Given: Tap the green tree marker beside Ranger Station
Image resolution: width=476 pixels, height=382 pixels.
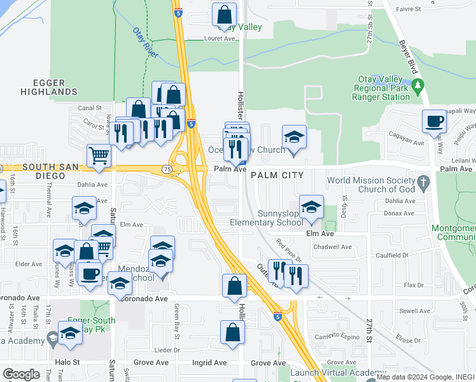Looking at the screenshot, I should pyautogui.click(x=417, y=85).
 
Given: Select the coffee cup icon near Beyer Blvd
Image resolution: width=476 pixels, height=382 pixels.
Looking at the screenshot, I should pyautogui.click(x=434, y=121).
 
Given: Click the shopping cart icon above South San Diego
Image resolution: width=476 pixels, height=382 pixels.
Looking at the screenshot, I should pyautogui.click(x=99, y=155).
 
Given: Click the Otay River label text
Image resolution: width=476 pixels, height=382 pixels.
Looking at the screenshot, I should pyautogui.click(x=145, y=43).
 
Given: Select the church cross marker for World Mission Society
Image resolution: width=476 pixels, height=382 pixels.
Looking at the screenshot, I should pyautogui.click(x=423, y=185).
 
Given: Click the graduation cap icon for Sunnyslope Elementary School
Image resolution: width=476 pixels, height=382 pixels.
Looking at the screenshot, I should pyautogui.click(x=311, y=208).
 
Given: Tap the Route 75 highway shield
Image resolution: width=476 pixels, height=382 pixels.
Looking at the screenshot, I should pyautogui.click(x=166, y=169).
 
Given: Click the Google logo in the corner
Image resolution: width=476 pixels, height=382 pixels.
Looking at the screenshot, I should pyautogui.click(x=21, y=374).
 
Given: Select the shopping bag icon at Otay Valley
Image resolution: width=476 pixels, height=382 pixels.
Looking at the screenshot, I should pyautogui.click(x=224, y=14).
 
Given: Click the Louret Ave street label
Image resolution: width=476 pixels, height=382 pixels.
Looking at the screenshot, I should pyautogui.click(x=220, y=38).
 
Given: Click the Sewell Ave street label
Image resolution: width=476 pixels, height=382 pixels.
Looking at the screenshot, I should pyautogui.click(x=415, y=311).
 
